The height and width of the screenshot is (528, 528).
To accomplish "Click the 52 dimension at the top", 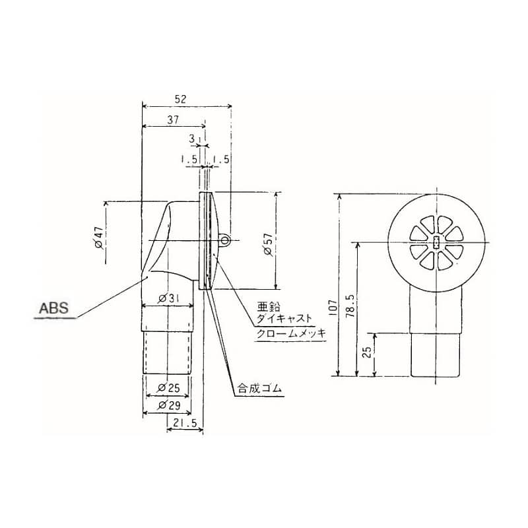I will click(180, 98).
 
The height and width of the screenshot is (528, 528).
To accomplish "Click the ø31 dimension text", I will click(169, 299).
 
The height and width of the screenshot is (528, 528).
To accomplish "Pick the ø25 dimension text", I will click(168, 387).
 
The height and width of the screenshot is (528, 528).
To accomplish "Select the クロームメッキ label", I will click(291, 333).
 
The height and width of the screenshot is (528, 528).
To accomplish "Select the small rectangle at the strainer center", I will click(436, 242).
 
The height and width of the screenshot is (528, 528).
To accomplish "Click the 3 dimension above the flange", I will click(191, 139).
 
